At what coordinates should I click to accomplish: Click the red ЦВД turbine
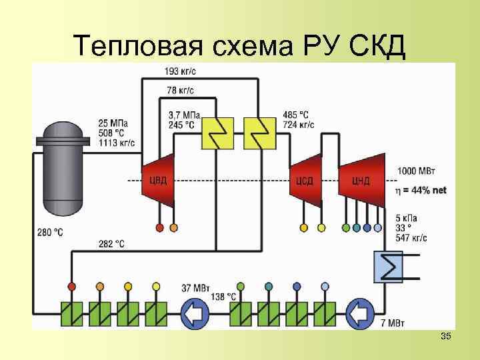tap(157, 181)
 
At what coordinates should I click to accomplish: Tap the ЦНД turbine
tap(362, 181)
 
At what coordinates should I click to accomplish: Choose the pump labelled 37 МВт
tap(195, 311)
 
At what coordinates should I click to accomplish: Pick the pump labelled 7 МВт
tap(362, 311)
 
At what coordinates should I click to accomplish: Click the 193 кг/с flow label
tap(181, 71)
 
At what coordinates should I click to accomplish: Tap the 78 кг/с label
tap(181, 90)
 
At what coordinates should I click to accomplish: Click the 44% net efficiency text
tap(421, 190)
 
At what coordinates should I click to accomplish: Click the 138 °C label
tap(223, 295)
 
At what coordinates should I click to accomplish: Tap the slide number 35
tap(445, 337)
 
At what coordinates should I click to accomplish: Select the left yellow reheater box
tap(216, 134)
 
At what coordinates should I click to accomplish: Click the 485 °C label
tap(295, 115)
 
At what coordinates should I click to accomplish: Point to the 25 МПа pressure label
tap(113, 123)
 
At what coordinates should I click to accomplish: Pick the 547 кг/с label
tap(411, 237)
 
